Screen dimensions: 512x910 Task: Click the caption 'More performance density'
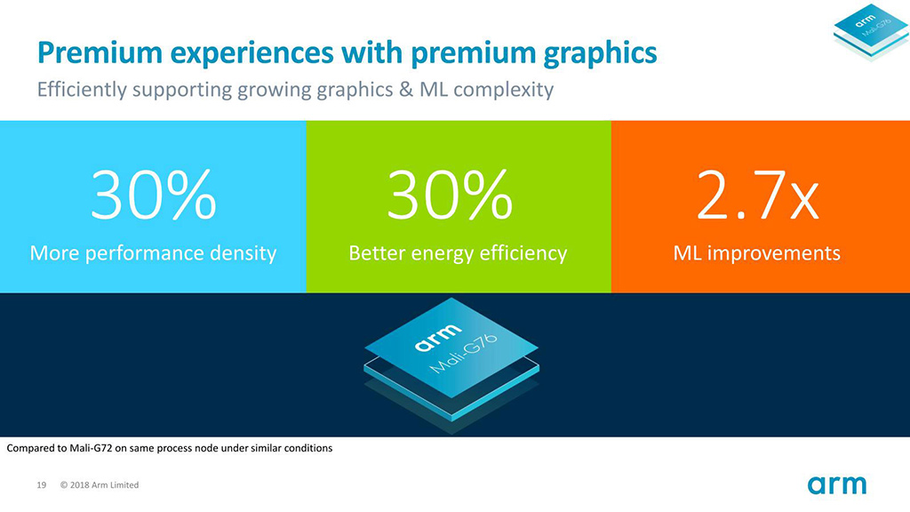coord(153,253)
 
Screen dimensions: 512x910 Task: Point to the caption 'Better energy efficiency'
coord(458,253)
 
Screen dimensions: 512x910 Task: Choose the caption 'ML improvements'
coord(756,253)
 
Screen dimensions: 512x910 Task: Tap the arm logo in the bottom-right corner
coord(836,484)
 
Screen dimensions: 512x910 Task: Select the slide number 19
coord(41,485)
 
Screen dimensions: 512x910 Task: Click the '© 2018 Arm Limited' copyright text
coord(100,485)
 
